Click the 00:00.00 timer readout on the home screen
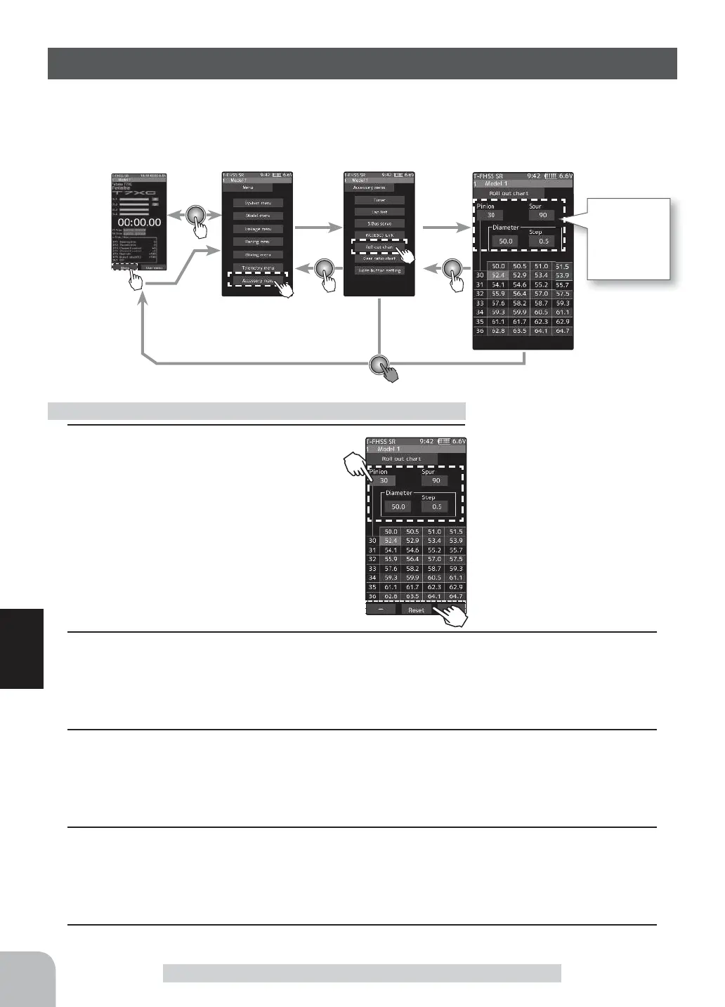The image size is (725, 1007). point(139,222)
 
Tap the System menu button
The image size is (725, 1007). point(258,202)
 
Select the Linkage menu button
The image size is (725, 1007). point(258,229)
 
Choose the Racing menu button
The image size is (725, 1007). point(258,242)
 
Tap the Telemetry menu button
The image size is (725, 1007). point(258,268)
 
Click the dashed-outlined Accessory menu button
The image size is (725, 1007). point(257,280)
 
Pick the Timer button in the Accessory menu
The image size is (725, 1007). point(379,200)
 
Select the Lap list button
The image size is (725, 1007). point(379,211)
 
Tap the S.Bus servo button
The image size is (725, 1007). point(379,223)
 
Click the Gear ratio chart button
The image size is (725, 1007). point(379,258)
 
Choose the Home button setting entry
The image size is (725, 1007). point(379,270)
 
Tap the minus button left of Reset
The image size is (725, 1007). point(381,610)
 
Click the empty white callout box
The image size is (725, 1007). point(629,239)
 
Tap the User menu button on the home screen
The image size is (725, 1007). point(153,268)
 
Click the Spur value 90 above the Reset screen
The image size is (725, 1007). point(436,481)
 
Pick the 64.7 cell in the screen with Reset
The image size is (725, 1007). point(455,596)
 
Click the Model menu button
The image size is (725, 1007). point(258,216)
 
